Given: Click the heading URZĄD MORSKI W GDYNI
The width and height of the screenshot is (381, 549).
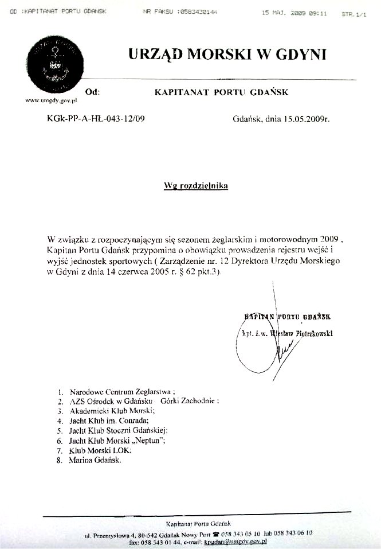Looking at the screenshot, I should [x=227, y=54].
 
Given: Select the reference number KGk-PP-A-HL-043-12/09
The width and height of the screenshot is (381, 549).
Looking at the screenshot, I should [x=95, y=120].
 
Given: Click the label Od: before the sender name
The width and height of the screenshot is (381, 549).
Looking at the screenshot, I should [x=92, y=92].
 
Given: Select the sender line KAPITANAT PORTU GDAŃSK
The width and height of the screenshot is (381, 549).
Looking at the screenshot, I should [x=222, y=92].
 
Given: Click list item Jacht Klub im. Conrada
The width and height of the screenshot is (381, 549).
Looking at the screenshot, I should [x=108, y=420].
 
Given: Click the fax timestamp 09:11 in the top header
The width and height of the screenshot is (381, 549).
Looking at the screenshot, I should [x=316, y=11].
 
